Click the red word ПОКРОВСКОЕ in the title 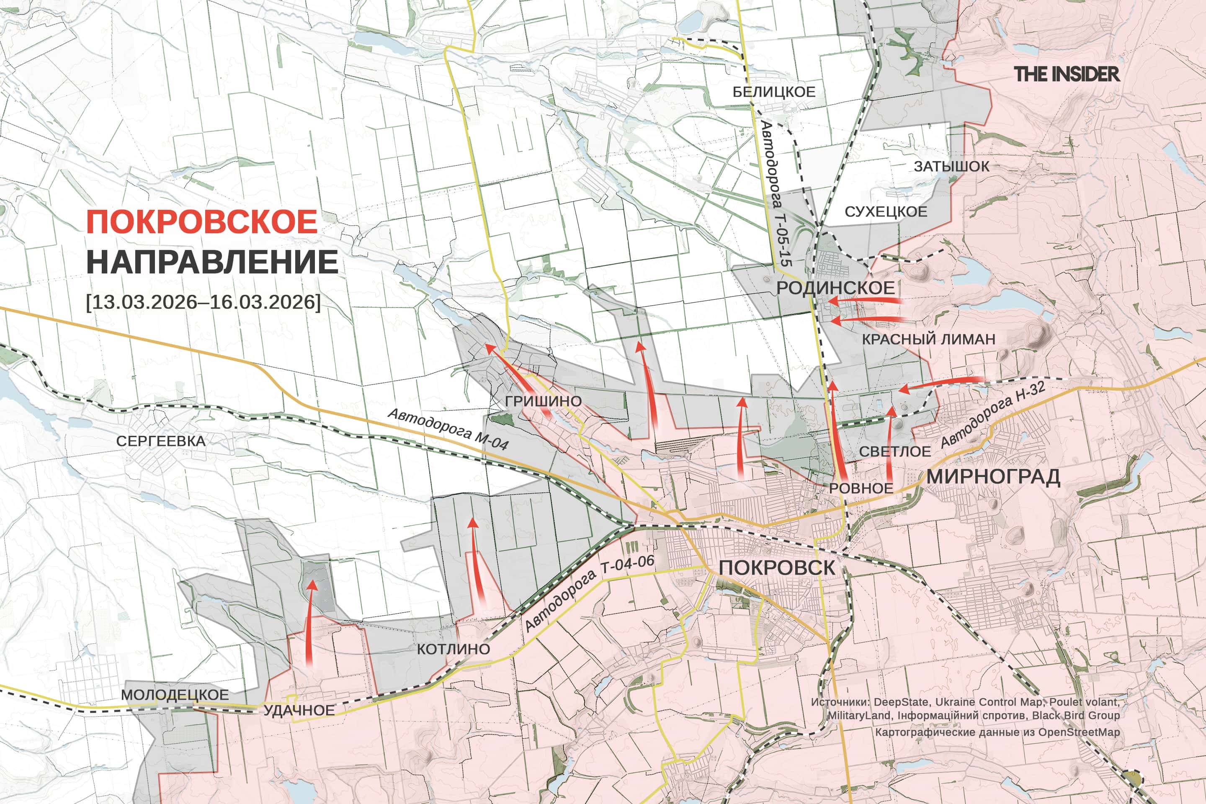(x=201, y=222)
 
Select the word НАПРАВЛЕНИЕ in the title (x=212, y=262)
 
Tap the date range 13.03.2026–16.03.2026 (x=204, y=301)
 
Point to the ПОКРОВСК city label (x=776, y=568)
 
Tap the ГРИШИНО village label (x=543, y=401)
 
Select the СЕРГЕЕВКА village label (x=160, y=441)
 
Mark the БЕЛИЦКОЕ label (x=773, y=92)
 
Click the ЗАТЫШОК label (x=951, y=166)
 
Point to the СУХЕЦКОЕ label (x=886, y=211)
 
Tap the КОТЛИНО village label (x=453, y=649)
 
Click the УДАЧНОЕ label (x=299, y=710)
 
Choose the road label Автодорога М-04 (x=448, y=429)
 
